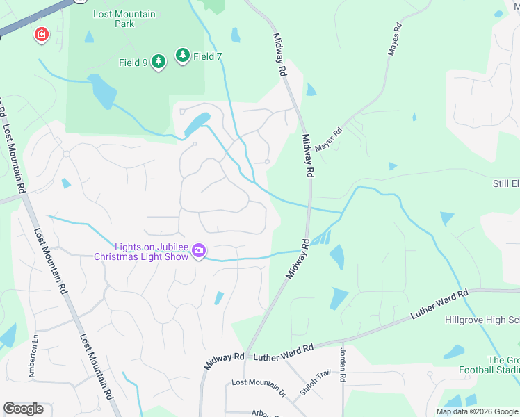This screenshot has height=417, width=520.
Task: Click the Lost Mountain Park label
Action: [125, 19]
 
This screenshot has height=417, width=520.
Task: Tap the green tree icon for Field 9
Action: [159, 62]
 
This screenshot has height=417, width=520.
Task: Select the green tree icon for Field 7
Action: [183, 55]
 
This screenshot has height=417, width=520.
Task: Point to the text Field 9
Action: [133, 63]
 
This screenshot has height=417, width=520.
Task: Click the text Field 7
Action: [207, 56]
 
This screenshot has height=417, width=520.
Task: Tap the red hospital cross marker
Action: [41, 34]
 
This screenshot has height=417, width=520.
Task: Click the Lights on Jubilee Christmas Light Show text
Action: [142, 252]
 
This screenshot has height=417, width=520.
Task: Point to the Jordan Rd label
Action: [343, 366]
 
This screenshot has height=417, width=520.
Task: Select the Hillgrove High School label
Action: [482, 320]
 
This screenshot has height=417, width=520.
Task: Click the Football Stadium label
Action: [489, 369]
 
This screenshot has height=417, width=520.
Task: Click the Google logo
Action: [23, 409]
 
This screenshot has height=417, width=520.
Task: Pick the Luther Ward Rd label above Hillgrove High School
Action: [439, 306]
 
